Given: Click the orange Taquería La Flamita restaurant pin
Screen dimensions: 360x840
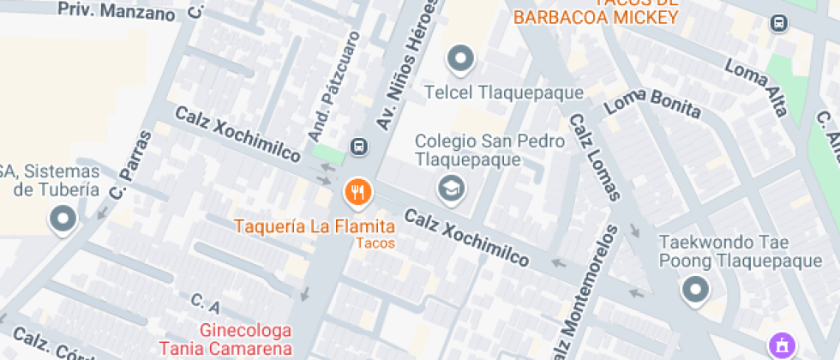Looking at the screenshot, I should point(357,193).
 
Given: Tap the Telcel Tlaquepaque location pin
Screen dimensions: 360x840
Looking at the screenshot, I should point(461,59).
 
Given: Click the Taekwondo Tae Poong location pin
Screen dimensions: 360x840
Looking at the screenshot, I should point(695,290).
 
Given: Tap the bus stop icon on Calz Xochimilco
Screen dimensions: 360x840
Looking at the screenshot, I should point(358,147).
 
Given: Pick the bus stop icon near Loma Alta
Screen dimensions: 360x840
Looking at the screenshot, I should point(779,23).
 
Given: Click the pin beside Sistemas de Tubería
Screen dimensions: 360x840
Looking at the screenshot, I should point(63,220).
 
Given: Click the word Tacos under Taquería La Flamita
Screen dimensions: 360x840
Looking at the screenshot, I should point(375,243).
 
